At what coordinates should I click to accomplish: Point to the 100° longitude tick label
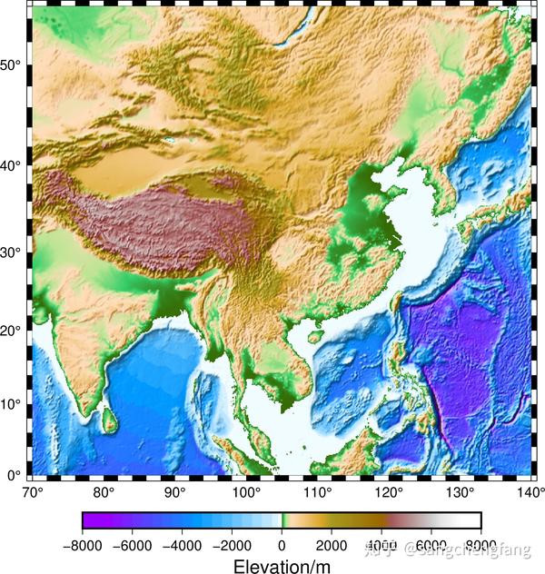point(247,492)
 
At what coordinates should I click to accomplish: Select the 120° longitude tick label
point(389,492)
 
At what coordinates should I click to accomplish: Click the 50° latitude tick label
point(12,65)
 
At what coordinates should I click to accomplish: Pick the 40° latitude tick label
point(12,165)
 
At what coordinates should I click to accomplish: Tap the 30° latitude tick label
point(12,252)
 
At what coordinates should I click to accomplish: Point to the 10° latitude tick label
point(12,402)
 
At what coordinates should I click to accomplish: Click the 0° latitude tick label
point(15,475)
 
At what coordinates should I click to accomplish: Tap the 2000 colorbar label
point(332,546)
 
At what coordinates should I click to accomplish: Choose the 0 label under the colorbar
point(282,546)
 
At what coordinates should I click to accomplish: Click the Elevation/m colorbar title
point(282,566)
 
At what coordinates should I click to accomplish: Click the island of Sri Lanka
point(108,419)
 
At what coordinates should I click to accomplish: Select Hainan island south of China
point(315,334)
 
